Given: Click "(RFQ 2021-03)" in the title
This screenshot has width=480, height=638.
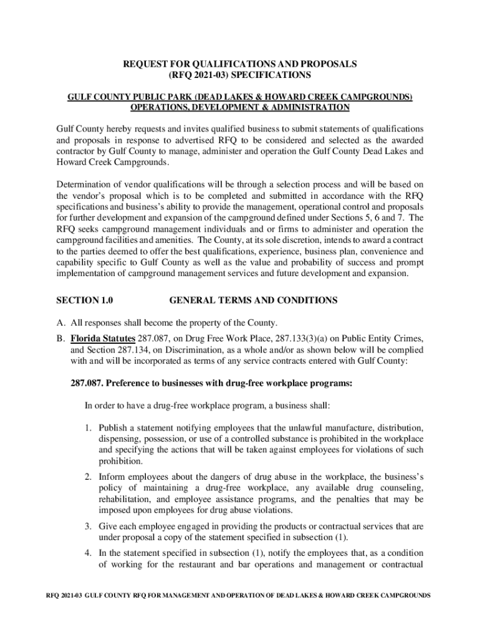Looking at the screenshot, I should (x=198, y=75).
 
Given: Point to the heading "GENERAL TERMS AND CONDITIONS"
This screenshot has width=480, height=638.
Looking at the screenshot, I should (x=253, y=300).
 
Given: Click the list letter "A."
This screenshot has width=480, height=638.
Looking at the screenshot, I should (x=60, y=323).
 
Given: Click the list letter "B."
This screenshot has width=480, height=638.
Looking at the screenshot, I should (x=60, y=338).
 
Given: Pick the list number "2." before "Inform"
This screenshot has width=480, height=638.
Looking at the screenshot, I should (x=90, y=477).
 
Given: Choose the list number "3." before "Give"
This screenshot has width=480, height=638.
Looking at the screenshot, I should (x=90, y=526).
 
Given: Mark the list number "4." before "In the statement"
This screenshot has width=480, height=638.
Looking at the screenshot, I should (x=90, y=553).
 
